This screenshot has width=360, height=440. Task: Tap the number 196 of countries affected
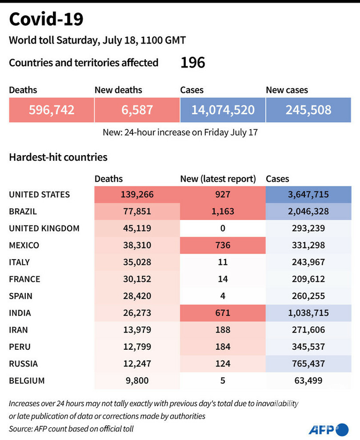[x=192, y=63]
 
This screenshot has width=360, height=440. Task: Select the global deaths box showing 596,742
[x=52, y=110]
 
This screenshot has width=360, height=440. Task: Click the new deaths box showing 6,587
[x=137, y=110]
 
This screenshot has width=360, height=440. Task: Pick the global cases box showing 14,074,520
[x=223, y=110]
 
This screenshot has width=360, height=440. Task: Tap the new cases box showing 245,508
[x=308, y=110]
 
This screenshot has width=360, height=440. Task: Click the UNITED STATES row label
[x=40, y=195]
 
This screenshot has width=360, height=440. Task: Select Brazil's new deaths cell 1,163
[x=223, y=212]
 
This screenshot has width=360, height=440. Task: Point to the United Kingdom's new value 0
[x=223, y=228]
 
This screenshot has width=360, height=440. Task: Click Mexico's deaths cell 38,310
[x=137, y=245]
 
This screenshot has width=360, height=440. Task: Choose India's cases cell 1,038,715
[x=308, y=313]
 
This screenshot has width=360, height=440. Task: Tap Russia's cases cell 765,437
[x=308, y=364]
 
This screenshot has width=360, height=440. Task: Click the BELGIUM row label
[x=27, y=380]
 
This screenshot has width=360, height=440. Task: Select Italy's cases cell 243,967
[x=308, y=262]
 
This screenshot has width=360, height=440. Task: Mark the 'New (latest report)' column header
[x=218, y=179]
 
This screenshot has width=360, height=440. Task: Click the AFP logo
[x=328, y=429]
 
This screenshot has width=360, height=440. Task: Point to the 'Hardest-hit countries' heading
[x=58, y=157]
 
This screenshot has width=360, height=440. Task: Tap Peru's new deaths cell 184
[x=223, y=347]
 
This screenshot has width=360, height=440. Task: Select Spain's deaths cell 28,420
[x=137, y=296]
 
